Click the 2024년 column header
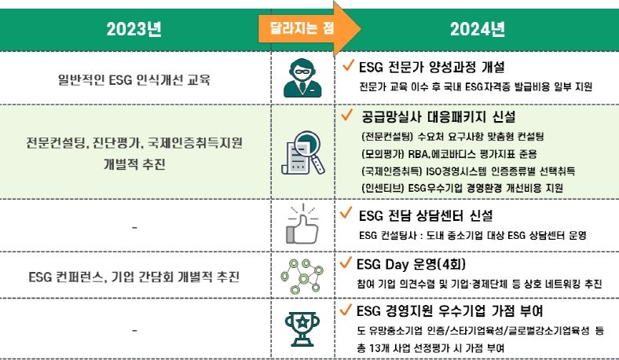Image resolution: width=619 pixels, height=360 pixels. [477, 31]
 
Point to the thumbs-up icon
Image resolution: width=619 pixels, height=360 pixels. [302, 225]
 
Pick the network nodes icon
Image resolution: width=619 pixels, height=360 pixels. [302, 276]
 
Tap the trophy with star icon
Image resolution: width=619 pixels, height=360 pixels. [302, 328]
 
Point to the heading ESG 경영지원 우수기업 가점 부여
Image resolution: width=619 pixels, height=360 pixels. [451, 310]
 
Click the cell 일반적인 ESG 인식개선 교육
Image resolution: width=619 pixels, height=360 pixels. [134, 79]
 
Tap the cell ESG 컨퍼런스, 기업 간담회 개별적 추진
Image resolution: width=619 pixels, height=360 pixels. [134, 277]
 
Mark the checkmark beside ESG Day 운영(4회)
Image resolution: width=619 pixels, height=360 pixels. [347, 262]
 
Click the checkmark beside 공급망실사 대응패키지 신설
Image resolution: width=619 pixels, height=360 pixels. [347, 116]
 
